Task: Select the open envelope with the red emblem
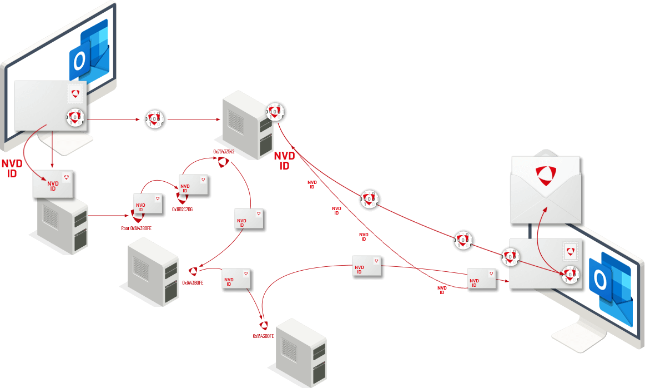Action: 546,189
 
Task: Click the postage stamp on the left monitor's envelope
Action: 75,93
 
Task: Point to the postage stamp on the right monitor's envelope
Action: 570,251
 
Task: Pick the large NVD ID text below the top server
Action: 284,161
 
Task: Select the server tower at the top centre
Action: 248,126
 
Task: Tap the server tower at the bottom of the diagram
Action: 301,350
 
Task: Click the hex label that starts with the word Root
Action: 136,228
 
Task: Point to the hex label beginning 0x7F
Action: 224,151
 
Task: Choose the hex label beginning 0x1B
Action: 182,209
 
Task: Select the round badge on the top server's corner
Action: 275,112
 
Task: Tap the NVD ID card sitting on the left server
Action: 53,184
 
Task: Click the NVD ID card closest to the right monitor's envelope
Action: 481,278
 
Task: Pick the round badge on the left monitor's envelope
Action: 75,117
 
